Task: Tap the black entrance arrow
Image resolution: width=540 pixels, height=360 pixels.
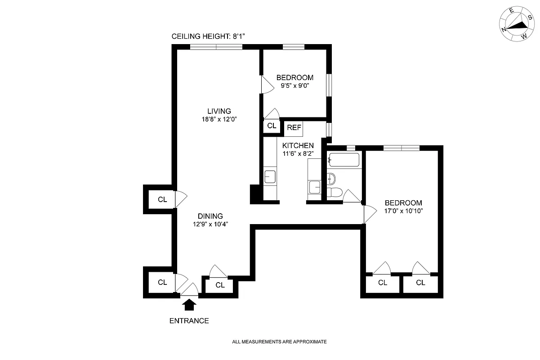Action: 190,305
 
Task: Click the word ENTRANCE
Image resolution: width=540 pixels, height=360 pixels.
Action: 189,321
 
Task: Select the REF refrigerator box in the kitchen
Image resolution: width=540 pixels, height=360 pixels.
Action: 294,128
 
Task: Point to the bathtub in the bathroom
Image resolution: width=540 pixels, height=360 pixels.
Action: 344,160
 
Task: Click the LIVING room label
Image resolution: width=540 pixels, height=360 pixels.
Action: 219,111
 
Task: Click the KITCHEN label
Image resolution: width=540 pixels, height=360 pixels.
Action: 298,145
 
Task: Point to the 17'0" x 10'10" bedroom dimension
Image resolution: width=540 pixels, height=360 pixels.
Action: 403,211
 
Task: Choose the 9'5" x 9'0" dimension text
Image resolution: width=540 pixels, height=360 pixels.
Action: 295,85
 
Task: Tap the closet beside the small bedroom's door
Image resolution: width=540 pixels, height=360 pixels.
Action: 272,126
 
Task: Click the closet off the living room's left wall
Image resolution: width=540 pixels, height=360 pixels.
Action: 162,199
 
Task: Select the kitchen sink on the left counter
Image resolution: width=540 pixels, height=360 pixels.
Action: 270,176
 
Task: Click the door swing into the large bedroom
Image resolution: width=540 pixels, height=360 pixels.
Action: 370,214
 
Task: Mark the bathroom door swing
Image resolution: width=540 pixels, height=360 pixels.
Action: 351,196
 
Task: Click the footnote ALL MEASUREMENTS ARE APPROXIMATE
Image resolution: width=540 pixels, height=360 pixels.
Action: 279,342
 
